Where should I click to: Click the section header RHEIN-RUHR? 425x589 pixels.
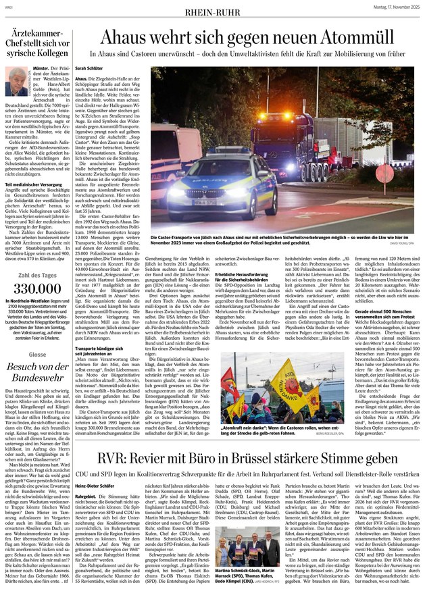point(212,9)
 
